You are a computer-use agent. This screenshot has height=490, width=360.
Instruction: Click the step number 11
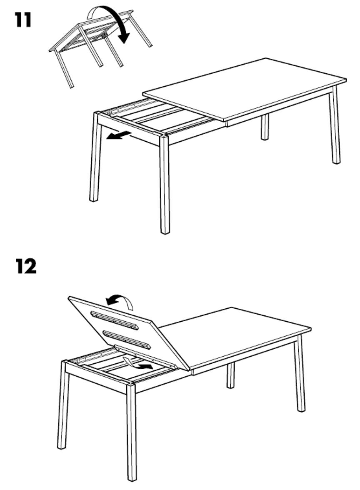pyautogui.click(x=23, y=20)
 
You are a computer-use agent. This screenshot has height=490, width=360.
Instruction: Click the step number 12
pyautogui.click(x=26, y=266)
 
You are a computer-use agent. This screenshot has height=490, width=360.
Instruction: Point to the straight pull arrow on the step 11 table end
pyautogui.click(x=118, y=136)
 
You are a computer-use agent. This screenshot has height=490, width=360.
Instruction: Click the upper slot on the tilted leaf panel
pyautogui.click(x=114, y=320)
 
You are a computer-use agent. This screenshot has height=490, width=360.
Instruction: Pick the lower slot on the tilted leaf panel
pyautogui.click(x=127, y=339)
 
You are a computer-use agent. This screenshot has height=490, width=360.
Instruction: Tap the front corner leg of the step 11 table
pyautogui.click(x=164, y=184)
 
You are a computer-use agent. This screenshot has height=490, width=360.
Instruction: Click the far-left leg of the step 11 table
pyautogui.click(x=96, y=156)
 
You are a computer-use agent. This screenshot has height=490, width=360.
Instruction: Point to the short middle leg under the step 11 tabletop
pyautogui.click(x=265, y=127)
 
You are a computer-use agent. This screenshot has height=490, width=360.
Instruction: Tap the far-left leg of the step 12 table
pyautogui.click(x=63, y=405)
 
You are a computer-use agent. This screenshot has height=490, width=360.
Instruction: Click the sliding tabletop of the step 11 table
pyautogui.click(x=245, y=90)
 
